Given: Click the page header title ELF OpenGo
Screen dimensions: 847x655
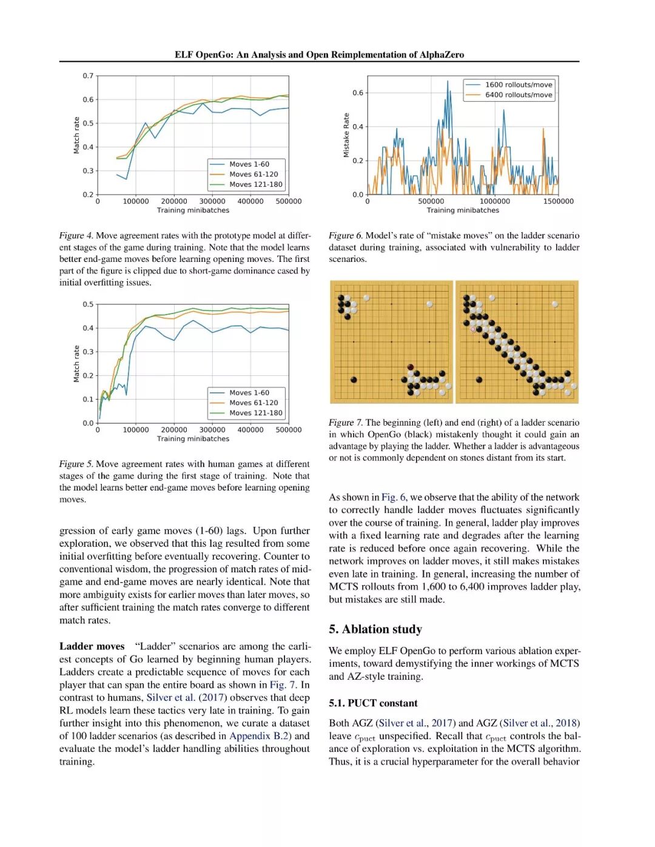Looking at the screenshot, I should tap(319, 55).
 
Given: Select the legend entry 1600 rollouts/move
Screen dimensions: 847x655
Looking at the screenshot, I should tap(518, 85).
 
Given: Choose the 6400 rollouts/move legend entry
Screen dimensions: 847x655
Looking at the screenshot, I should tap(518, 95).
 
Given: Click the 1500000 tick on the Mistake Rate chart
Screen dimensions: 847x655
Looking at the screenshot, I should tap(558, 201).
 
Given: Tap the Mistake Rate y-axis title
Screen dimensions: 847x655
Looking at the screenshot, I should tap(346, 135).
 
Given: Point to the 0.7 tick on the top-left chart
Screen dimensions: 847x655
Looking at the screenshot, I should tap(89, 76).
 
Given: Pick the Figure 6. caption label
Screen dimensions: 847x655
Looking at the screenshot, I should tap(345, 235).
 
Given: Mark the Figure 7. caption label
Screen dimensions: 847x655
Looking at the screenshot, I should tap(345, 423).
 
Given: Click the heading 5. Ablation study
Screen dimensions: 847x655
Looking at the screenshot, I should tap(375, 629).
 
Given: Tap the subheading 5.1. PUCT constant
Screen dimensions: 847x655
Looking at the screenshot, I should tap(373, 703).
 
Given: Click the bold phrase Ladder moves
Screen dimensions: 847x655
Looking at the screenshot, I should tap(92, 646).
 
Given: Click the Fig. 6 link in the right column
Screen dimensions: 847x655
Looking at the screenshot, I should tap(394, 497).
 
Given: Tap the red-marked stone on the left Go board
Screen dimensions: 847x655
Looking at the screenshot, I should tap(411, 367).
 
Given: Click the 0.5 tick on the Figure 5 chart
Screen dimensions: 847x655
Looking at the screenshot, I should tap(89, 304).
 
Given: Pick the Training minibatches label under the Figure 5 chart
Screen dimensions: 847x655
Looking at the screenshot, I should tap(193, 439).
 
